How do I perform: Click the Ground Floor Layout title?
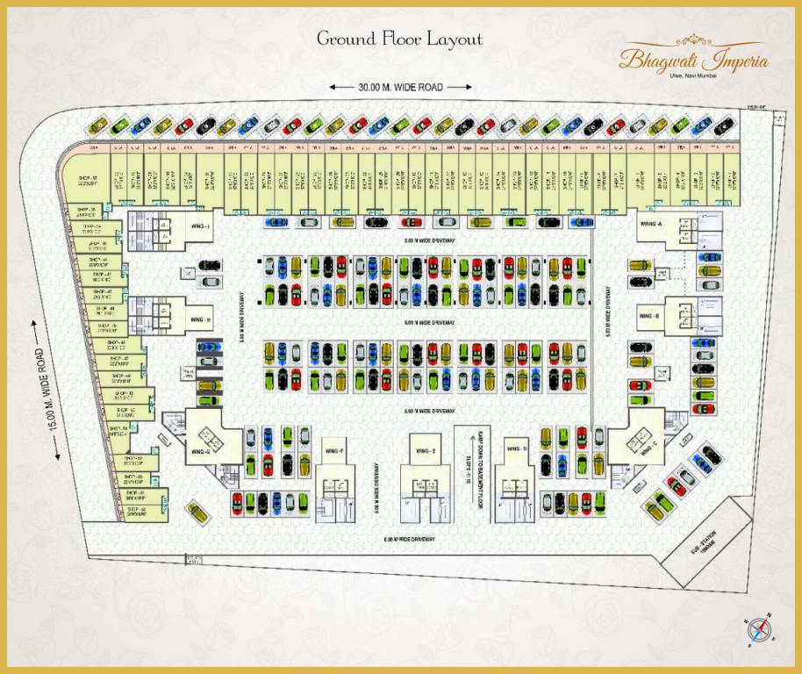coord(399,39)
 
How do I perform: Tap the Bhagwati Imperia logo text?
coord(693,61)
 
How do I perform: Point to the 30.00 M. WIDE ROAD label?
coord(400,87)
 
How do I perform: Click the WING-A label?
coord(651,224)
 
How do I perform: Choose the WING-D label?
coord(518,449)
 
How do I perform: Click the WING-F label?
coord(334,451)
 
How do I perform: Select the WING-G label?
coord(198,451)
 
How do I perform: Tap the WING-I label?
coord(202,226)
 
